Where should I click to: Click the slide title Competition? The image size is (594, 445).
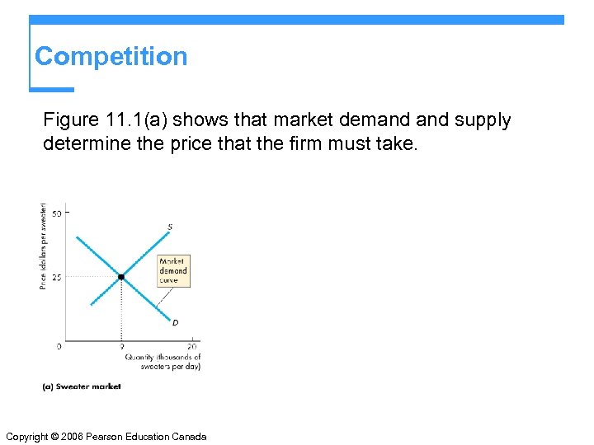[x=111, y=56]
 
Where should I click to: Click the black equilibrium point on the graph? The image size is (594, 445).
[x=121, y=277]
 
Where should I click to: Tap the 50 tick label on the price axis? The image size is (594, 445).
[x=56, y=213]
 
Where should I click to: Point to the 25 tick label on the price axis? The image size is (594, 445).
[x=56, y=277]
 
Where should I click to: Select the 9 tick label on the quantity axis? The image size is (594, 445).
[x=121, y=347]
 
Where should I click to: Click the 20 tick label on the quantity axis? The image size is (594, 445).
[x=193, y=347]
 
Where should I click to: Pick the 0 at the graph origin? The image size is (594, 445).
[x=59, y=346]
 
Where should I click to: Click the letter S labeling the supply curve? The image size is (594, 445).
[x=170, y=227]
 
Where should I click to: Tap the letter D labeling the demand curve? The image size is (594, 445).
[x=175, y=322]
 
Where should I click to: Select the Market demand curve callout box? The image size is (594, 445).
[x=173, y=270]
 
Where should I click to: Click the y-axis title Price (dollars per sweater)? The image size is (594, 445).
[x=43, y=246]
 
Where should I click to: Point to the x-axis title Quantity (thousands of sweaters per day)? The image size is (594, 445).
[x=163, y=362]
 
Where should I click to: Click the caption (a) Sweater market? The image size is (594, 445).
[x=82, y=386]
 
